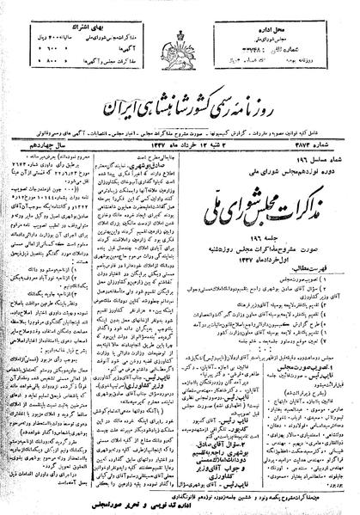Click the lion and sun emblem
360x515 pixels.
point(180,32)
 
